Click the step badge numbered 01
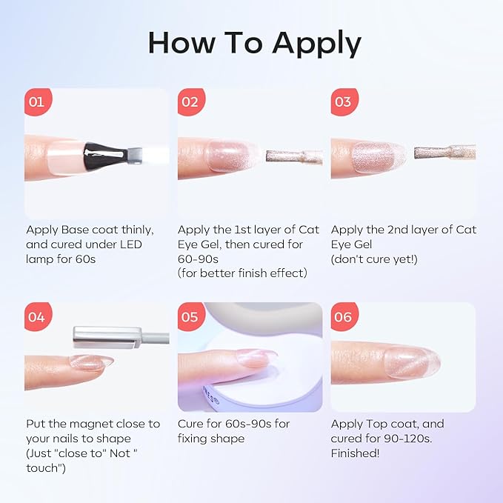click(36, 101)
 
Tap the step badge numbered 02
click(190, 101)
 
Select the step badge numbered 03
click(342, 101)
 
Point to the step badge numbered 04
click(36, 317)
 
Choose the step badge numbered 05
click(190, 317)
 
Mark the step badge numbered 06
click(342, 317)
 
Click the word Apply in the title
click(317, 44)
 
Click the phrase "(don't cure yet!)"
click(376, 259)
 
